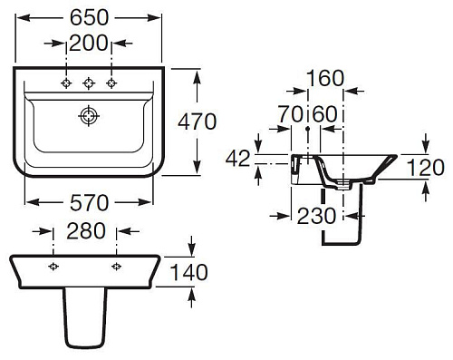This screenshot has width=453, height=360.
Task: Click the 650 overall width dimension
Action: point(89,17)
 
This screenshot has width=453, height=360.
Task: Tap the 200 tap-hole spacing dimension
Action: point(89,43)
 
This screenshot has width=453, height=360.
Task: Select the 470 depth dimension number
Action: point(198,122)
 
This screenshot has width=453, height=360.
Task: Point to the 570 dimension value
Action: point(89,202)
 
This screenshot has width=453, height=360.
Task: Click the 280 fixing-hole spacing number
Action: point(86,231)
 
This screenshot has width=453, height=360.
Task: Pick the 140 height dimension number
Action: point(189,272)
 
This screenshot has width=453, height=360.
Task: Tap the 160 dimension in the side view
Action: point(325,78)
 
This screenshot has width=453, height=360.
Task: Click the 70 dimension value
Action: point(290,114)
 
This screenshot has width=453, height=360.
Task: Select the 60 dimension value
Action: point(324,114)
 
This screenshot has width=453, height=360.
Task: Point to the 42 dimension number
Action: point(238,159)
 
